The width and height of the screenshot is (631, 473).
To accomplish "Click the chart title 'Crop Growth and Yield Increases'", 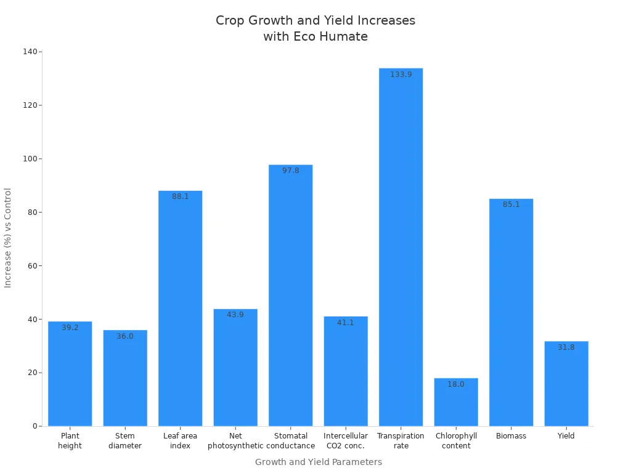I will point(315,28).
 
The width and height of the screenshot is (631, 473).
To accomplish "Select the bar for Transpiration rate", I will point(401,246).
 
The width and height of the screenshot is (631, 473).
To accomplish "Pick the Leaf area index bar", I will point(180,308).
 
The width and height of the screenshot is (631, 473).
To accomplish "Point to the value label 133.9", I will point(401,75).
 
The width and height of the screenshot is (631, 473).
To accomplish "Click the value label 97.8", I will point(290,171).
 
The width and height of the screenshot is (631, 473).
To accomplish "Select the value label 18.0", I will point(456,384).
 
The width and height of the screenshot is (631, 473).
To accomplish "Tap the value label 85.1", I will point(511,204).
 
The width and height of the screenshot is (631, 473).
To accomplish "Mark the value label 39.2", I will point(70,328).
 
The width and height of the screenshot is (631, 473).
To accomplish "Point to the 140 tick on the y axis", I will point(30,52).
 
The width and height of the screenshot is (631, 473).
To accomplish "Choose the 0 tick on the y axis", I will point(35,426).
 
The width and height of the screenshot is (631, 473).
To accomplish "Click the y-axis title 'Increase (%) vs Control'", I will point(8,238).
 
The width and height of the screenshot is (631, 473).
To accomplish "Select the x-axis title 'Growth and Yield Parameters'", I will point(318,462).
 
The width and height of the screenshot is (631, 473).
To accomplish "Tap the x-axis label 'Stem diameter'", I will point(125,440).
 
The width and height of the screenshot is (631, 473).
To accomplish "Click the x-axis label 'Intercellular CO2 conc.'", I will point(346,440).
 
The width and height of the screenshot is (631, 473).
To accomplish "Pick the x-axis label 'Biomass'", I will point(511,436).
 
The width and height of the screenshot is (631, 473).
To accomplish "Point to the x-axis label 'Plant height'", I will point(70,440).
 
